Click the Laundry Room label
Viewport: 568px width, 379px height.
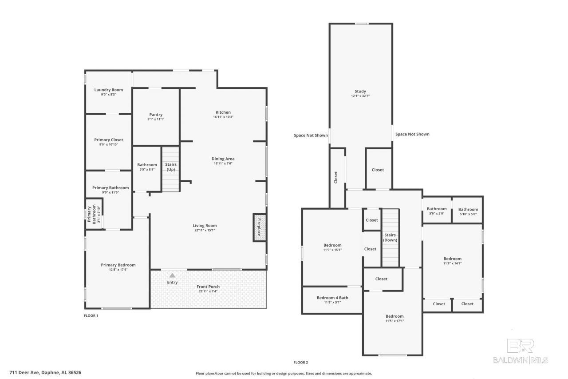[x=109, y=90]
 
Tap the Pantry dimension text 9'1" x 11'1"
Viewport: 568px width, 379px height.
[x=156, y=120]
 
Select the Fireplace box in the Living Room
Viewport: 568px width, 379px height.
[x=260, y=227]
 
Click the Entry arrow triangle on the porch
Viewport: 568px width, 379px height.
[x=173, y=275]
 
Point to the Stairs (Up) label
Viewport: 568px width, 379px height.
[x=171, y=167]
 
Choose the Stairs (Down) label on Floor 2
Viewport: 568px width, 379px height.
[x=390, y=237]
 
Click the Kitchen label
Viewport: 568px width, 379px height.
[x=223, y=112]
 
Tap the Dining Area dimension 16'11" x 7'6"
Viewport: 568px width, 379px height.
[x=223, y=164]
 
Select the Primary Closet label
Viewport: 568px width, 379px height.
[x=109, y=140]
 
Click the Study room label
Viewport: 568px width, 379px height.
[x=360, y=91]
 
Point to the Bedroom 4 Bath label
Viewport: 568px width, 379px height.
[x=332, y=298]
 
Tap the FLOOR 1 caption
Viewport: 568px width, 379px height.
[x=91, y=315]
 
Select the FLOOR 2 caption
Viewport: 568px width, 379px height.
[x=301, y=362]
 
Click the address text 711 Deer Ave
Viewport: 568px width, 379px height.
[x=24, y=372]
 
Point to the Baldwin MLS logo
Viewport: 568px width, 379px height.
[x=521, y=351]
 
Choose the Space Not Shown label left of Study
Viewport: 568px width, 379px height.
[x=311, y=136]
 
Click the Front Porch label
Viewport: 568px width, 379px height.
[x=208, y=287]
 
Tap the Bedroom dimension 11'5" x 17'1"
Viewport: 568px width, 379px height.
[x=394, y=321]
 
